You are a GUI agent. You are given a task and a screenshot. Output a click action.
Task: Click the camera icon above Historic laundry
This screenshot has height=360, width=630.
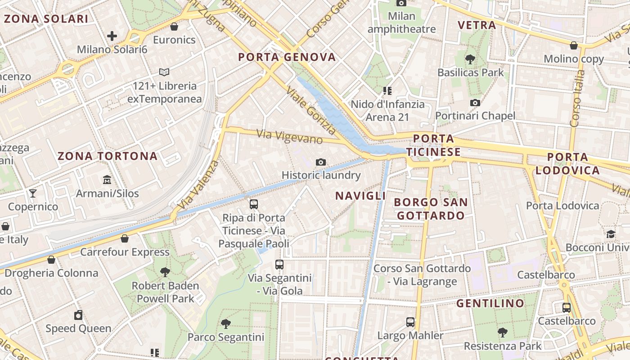pyautogui.click(x=321, y=162)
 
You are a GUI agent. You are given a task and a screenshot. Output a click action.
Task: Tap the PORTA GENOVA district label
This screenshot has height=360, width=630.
pyautogui.click(x=287, y=57)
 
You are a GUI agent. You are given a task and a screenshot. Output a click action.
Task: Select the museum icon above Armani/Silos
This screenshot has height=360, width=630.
pyautogui.click(x=107, y=180)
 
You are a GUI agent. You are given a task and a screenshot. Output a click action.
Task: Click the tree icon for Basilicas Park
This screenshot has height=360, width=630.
pyautogui.click(x=470, y=59)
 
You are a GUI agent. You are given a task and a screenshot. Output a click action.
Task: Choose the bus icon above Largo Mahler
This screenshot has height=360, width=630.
pyautogui.click(x=410, y=322)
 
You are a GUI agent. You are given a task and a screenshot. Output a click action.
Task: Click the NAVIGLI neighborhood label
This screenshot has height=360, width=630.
pyautogui.click(x=360, y=196)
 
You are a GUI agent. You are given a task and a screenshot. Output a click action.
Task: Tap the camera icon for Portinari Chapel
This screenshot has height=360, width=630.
pyautogui.click(x=475, y=103)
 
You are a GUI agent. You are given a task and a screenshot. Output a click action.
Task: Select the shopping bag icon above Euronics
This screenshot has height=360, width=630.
pyautogui.click(x=174, y=27)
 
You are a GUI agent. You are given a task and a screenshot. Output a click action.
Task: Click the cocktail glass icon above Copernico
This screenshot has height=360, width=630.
pyautogui.click(x=33, y=193)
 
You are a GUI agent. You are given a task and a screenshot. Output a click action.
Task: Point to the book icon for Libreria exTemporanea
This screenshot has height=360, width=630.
pyautogui.click(x=164, y=72)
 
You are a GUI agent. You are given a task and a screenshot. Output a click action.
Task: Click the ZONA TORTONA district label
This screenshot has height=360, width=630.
pyautogui.click(x=108, y=156)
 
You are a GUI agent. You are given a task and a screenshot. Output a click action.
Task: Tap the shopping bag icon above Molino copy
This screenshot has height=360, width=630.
pyautogui.click(x=574, y=45)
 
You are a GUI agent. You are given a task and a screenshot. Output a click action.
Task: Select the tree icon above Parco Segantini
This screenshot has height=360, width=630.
pyautogui.click(x=225, y=324)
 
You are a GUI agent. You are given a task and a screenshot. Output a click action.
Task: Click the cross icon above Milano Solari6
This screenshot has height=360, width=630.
pyautogui.click(x=112, y=36)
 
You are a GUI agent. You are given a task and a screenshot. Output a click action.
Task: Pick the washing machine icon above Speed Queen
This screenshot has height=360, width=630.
pyautogui.click(x=78, y=315)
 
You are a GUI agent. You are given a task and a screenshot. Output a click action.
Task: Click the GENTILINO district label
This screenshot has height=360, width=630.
pyautogui.click(x=490, y=303)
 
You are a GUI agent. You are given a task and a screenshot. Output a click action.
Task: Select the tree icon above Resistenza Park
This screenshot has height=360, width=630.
pyautogui.click(x=503, y=333)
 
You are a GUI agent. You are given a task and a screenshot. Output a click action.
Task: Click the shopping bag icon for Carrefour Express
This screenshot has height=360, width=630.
pyautogui.click(x=125, y=238)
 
